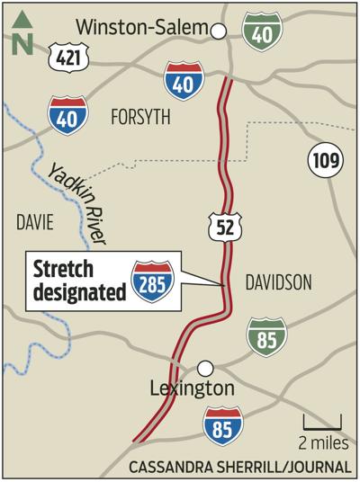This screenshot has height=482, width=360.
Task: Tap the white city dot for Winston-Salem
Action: (217, 31)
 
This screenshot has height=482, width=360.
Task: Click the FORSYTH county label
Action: (139, 116)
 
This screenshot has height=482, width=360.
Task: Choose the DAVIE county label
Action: (34, 221)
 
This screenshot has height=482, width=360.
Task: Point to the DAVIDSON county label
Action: (278, 283)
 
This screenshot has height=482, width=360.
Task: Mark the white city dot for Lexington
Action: (206, 367)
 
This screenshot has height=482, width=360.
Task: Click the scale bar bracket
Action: (321, 423)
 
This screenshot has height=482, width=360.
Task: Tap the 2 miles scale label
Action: (320, 442)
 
